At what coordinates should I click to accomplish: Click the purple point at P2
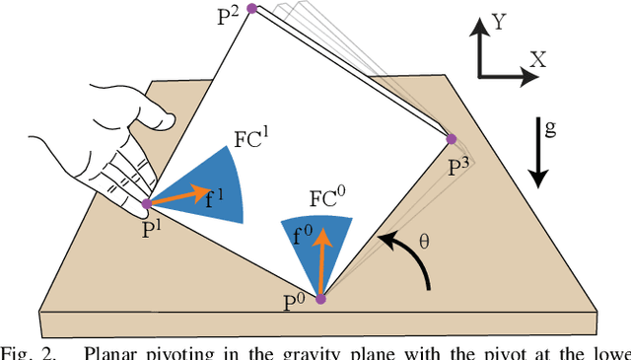point(251,8)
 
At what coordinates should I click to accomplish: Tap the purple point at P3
point(453,139)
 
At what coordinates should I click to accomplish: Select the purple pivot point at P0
point(320,298)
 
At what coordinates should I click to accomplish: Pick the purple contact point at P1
point(146,204)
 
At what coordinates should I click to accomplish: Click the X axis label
point(538,59)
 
